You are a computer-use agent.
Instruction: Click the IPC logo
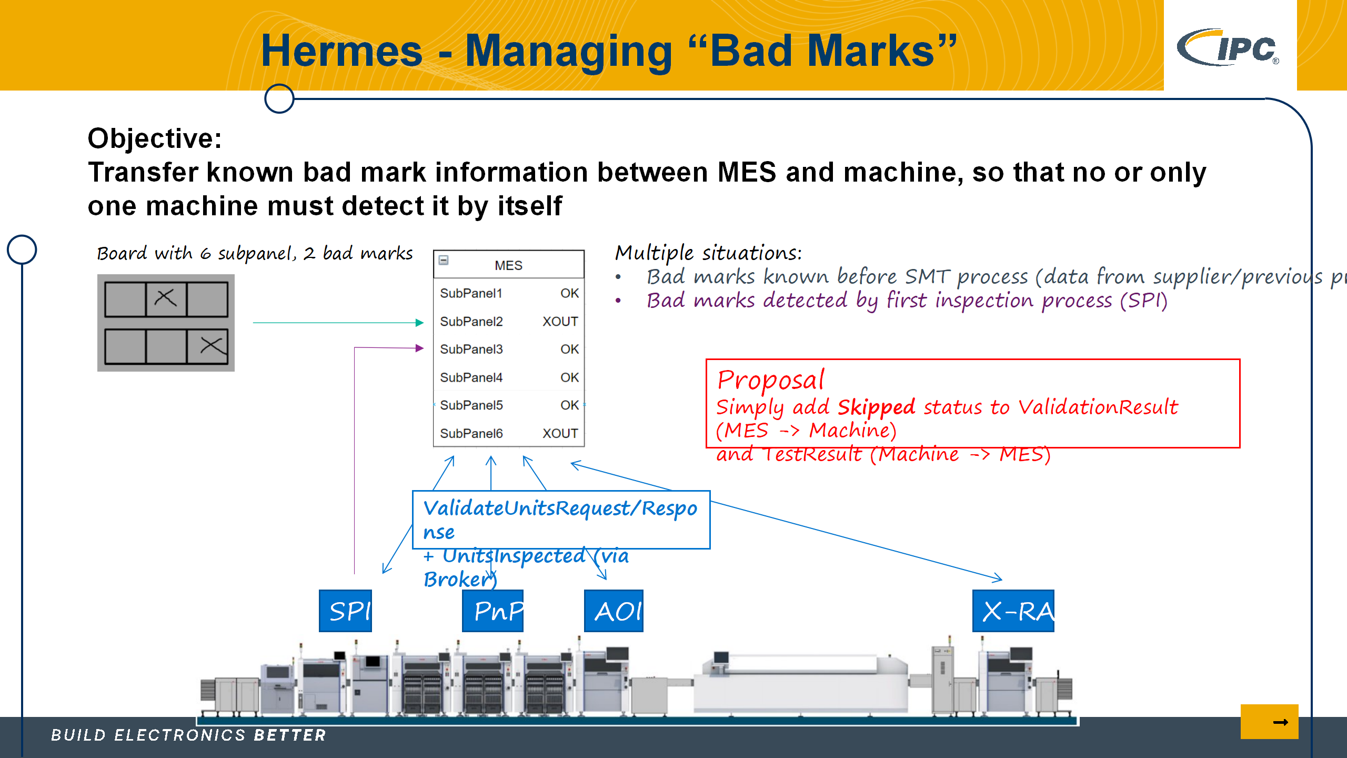pos(1229,47)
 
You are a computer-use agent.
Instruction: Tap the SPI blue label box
pos(345,611)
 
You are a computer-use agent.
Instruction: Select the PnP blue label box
pos(492,611)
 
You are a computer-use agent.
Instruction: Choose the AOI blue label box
pos(614,611)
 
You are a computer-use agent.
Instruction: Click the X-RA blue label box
pos(1013,611)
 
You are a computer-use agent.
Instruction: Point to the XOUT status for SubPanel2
pos(560,321)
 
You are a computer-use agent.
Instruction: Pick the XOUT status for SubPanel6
pos(560,433)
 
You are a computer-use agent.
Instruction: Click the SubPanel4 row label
pos(471,377)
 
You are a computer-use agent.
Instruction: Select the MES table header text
pos(508,265)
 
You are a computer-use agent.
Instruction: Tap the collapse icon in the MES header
pos(444,260)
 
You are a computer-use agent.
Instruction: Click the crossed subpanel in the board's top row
pos(166,298)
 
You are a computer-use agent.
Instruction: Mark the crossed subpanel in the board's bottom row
pos(207,346)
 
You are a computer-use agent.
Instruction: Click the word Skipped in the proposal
pos(876,407)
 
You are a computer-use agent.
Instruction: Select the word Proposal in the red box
pos(771,380)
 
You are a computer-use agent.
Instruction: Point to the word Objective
pos(155,138)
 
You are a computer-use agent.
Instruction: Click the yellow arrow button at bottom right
pos(1269,722)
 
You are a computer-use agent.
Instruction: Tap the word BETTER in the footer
pos(290,735)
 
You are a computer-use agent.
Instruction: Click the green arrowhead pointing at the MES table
pos(419,323)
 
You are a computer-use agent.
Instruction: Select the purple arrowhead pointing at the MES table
pos(419,348)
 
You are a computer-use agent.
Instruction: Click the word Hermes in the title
pos(342,51)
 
